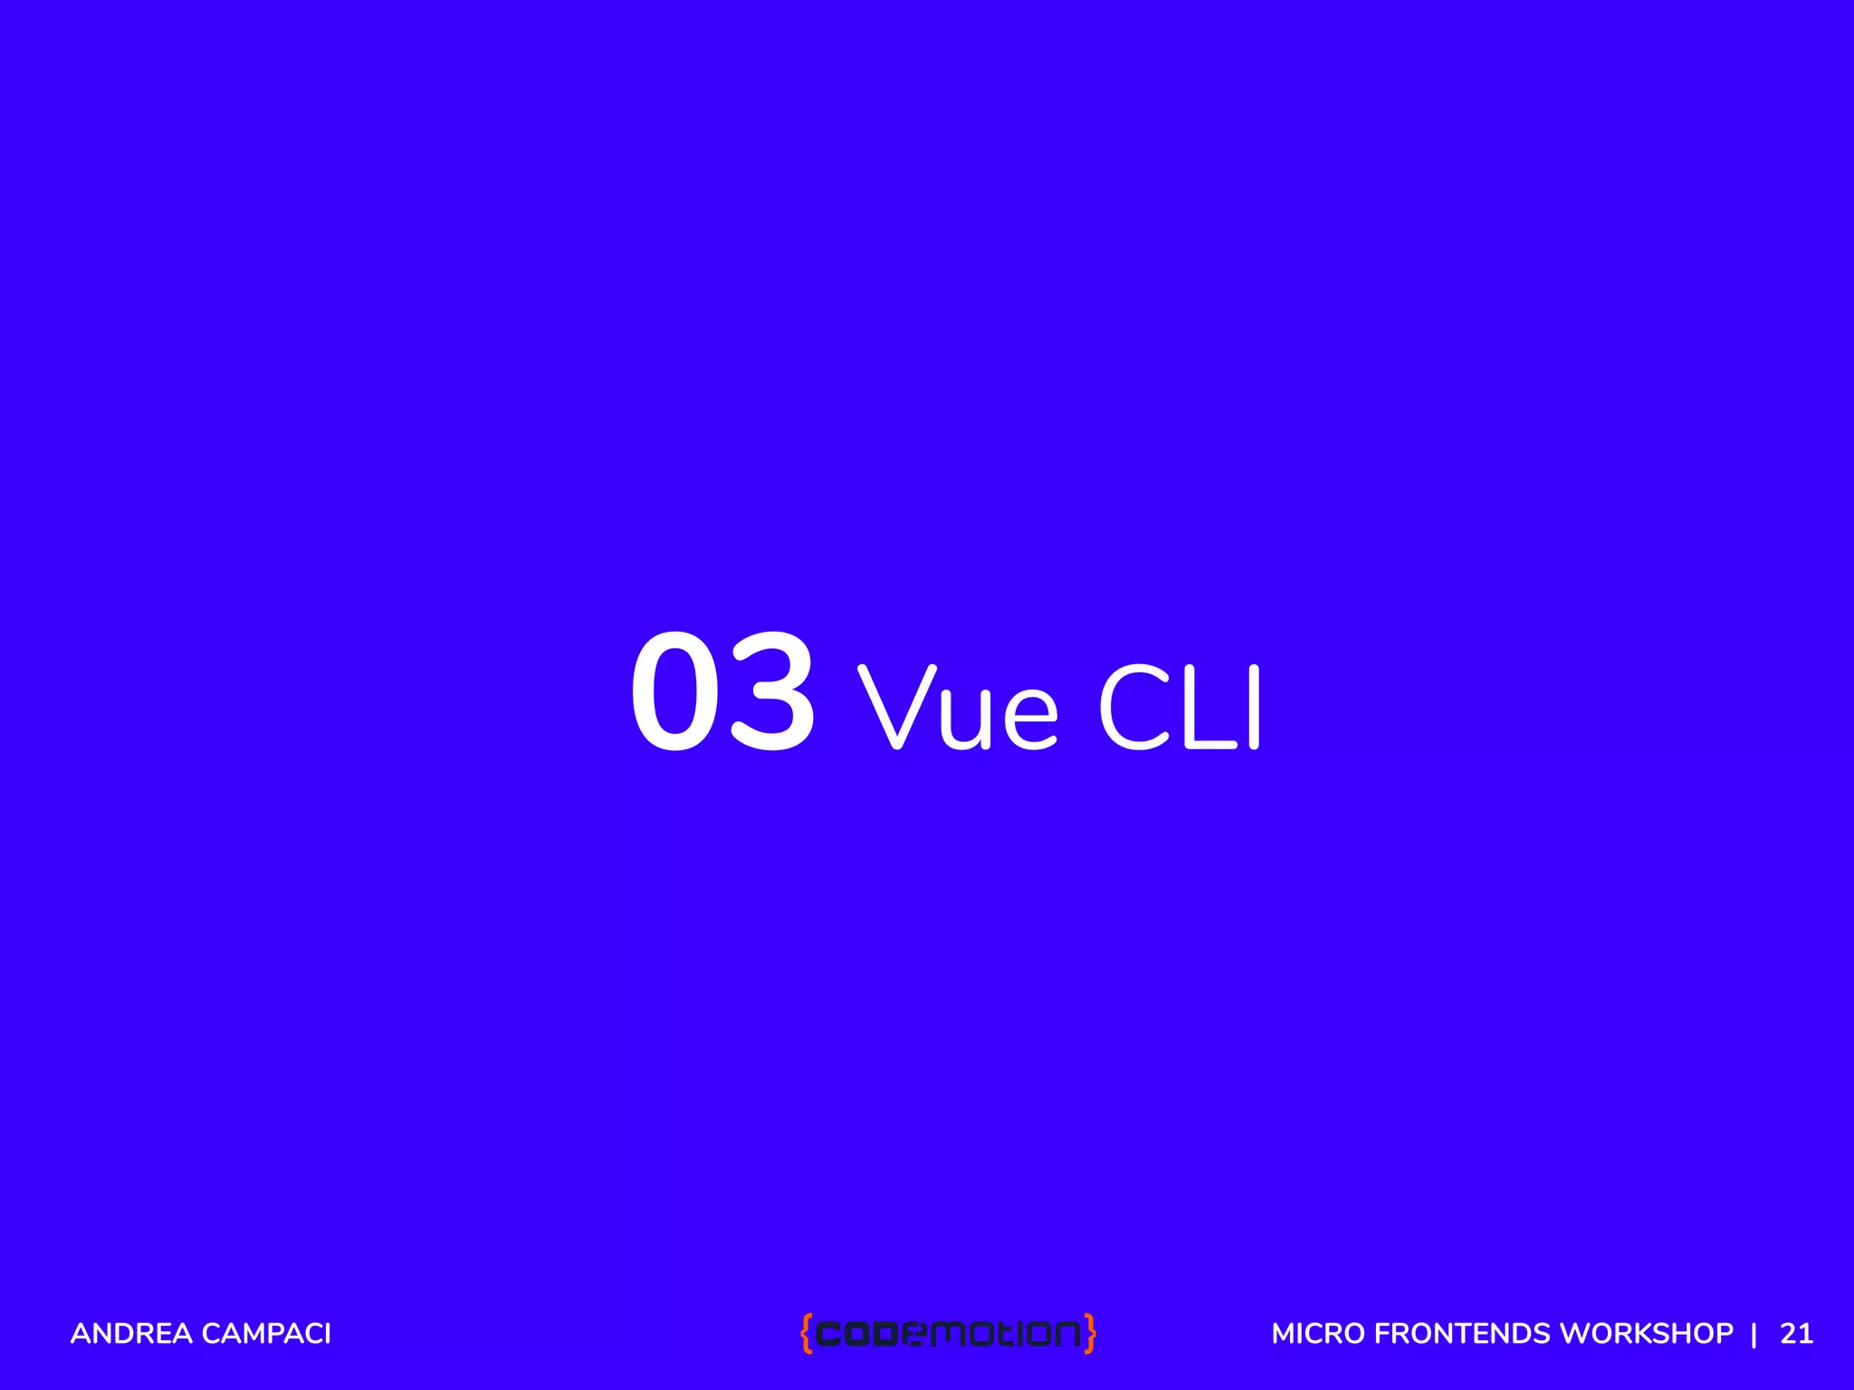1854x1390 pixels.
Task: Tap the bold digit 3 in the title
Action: click(772, 691)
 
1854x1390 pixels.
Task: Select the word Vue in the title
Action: click(957, 708)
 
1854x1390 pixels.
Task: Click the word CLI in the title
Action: click(1180, 708)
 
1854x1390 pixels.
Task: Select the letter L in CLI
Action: click(1206, 708)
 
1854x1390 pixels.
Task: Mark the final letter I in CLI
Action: click(1254, 708)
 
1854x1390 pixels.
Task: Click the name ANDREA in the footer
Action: click(131, 1334)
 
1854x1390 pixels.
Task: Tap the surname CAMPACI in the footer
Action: click(266, 1334)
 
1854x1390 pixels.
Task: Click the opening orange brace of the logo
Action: click(806, 1333)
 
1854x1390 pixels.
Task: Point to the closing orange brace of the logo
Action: click(1090, 1333)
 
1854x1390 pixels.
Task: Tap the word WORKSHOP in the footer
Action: click(1647, 1334)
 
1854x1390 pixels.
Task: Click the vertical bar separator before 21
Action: click(1754, 1334)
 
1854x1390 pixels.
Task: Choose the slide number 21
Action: click(1797, 1334)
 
